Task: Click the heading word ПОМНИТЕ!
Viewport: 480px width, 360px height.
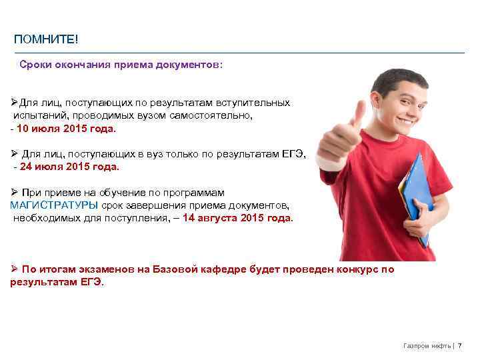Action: (x=46, y=41)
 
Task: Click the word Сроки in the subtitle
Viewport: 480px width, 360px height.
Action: (x=35, y=65)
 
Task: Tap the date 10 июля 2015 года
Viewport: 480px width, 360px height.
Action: (x=67, y=128)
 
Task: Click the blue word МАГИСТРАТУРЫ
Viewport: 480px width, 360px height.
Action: (x=54, y=205)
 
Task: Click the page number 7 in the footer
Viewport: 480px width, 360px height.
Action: (x=459, y=345)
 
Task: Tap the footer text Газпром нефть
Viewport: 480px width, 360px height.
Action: (x=427, y=345)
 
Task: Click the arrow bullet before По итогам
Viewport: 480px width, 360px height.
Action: (x=14, y=269)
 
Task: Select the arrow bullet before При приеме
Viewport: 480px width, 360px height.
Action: (x=14, y=192)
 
